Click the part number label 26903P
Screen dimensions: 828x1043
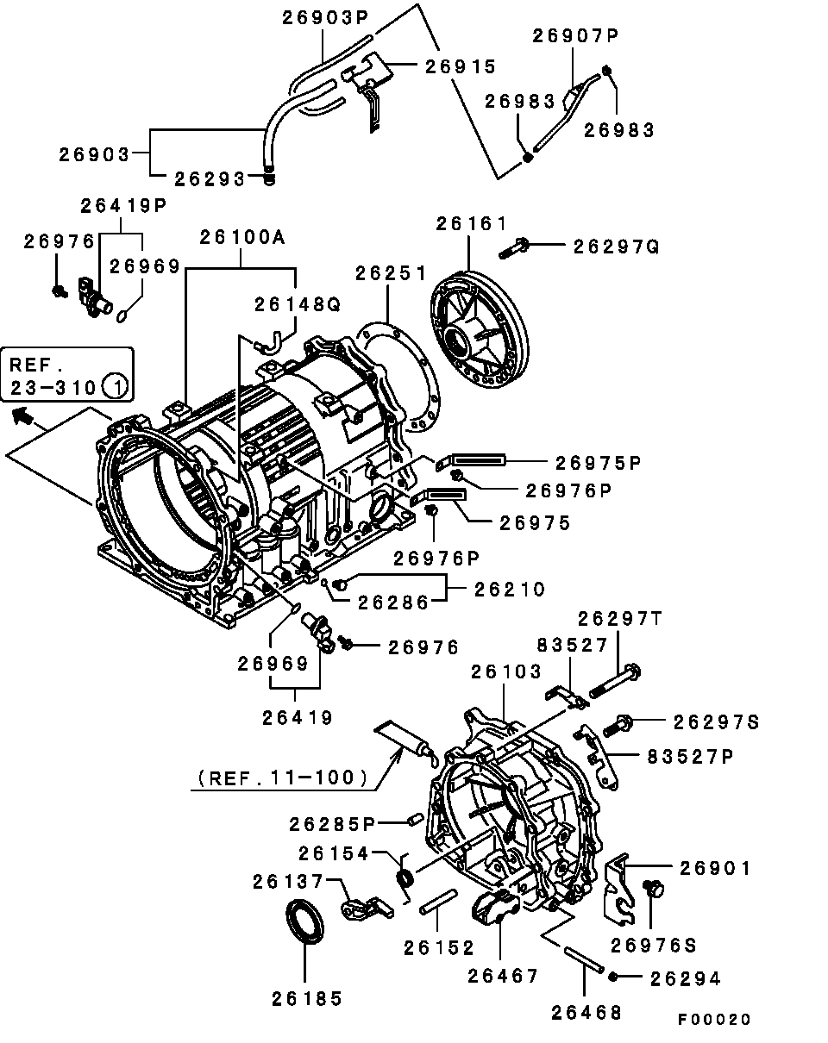(x=325, y=17)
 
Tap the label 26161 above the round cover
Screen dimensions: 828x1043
(x=471, y=224)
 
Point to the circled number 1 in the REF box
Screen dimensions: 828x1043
(x=116, y=387)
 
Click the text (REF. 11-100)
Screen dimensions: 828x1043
(x=283, y=778)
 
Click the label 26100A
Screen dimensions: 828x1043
(x=242, y=238)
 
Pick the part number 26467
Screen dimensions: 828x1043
(x=503, y=976)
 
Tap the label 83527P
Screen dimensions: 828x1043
(x=690, y=757)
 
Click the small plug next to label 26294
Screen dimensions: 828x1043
(x=612, y=977)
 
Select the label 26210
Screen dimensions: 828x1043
(x=510, y=590)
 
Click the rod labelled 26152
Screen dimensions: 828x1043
(x=438, y=902)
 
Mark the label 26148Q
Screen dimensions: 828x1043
(x=298, y=305)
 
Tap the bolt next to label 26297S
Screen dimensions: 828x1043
(x=618, y=726)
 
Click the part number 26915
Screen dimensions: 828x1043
(x=461, y=67)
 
